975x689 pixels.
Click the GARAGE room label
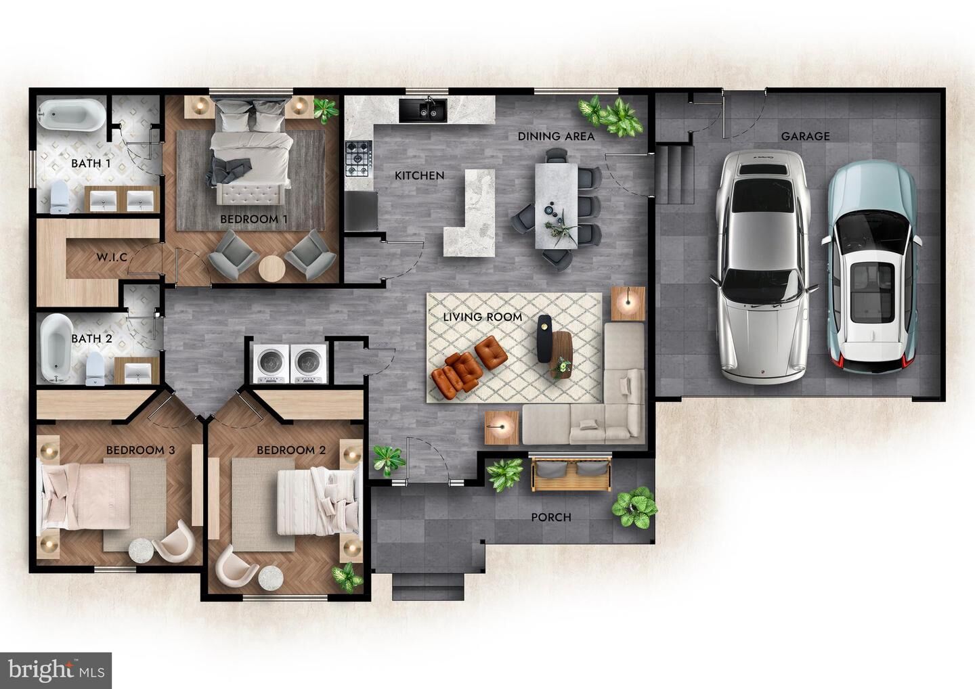coord(805,136)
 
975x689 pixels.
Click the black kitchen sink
coord(423,110)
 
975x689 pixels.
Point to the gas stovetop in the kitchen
coord(359,158)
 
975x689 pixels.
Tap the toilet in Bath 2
coord(95,368)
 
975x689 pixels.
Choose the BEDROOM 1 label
coord(254,219)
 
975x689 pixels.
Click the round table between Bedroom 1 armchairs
coord(272,269)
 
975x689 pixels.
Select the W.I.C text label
coord(112,257)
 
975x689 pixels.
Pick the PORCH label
coord(551,517)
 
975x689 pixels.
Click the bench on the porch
coord(570,474)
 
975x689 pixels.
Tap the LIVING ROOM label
coord(483,317)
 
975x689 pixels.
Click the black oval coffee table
coord(544,338)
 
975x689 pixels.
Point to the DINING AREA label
coord(557,136)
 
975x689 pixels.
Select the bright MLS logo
coord(56,670)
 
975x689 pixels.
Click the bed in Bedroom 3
coord(85,496)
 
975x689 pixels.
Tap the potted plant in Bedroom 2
coord(347,577)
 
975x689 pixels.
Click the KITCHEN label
coord(420,176)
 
